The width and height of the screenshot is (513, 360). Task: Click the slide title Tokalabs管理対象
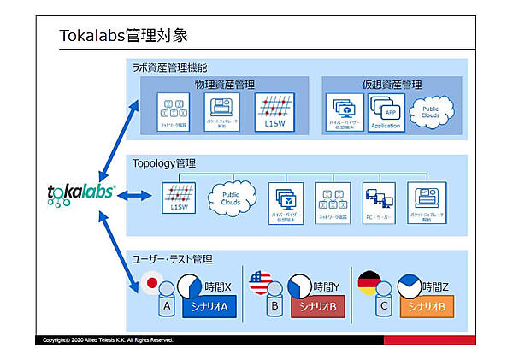[x=123, y=36]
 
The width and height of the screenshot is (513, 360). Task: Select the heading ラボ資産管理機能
[x=169, y=67]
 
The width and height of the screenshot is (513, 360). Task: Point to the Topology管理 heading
[x=165, y=162]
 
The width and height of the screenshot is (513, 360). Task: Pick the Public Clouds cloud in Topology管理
[x=232, y=196]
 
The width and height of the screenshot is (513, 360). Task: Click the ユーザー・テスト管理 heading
[x=172, y=258]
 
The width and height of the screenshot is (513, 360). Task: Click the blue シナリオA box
[x=203, y=307]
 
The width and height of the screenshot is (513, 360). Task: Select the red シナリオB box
[x=315, y=307]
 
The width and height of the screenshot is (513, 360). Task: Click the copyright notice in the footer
[x=108, y=339]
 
